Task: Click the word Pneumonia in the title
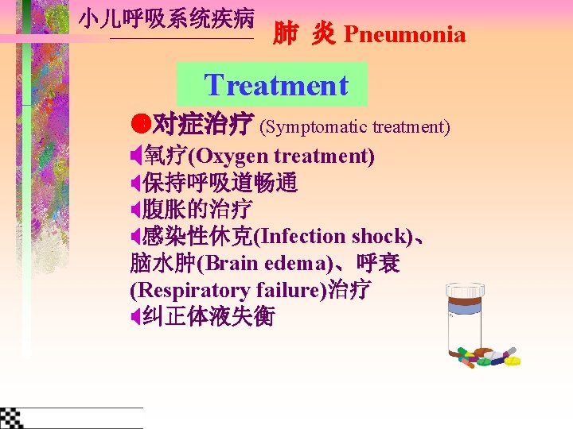point(404,34)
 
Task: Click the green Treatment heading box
point(273,84)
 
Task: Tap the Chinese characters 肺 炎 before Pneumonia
point(303,34)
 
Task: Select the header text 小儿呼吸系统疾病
point(166,19)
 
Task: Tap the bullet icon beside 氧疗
point(135,157)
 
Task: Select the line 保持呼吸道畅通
point(220,184)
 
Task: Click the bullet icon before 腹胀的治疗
point(135,211)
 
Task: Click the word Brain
point(232,264)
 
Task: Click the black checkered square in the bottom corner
point(11,418)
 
